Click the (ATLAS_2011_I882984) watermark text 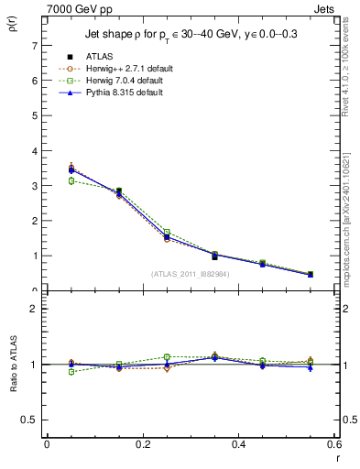click(191, 273)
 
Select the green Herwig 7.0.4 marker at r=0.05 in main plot click(71, 180)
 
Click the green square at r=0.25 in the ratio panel click(167, 357)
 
